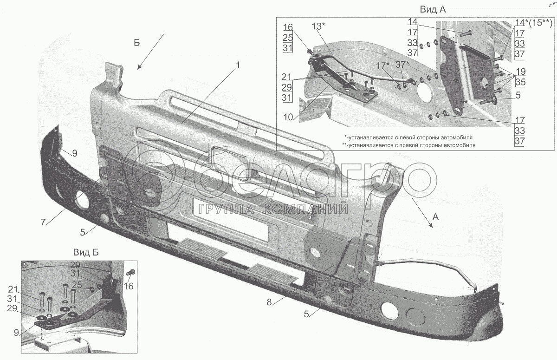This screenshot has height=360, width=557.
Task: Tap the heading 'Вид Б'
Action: tap(85, 252)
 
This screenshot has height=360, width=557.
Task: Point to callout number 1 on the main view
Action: tap(238, 66)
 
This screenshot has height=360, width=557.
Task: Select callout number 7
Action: tap(43, 222)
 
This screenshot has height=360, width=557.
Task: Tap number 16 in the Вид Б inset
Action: tap(129, 287)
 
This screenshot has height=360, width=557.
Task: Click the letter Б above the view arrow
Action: tap(136, 43)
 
